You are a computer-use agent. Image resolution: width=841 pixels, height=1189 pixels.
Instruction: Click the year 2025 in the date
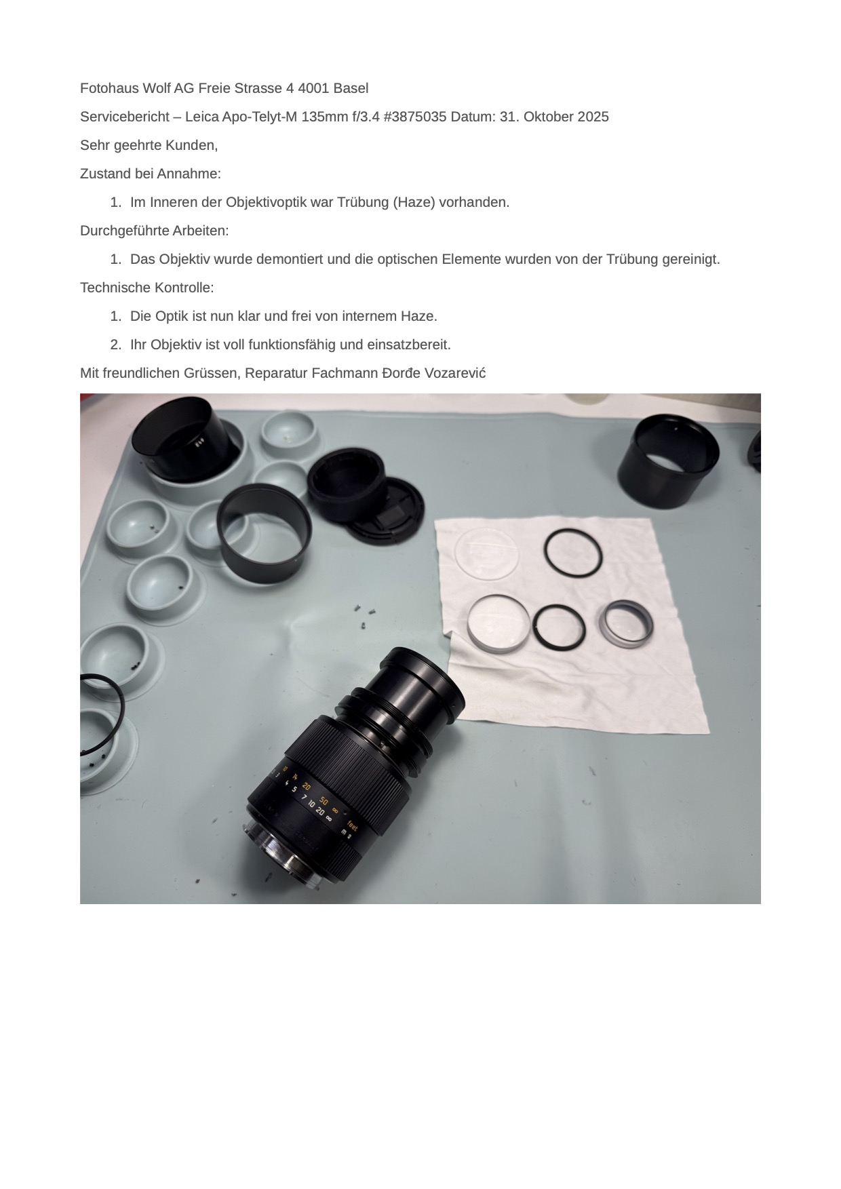(x=593, y=117)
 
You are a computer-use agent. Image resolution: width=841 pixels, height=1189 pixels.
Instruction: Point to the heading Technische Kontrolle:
(x=146, y=288)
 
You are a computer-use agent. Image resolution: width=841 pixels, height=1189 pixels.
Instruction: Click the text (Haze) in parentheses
(x=414, y=202)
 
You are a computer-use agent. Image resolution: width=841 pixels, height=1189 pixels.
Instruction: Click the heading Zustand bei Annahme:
(x=150, y=174)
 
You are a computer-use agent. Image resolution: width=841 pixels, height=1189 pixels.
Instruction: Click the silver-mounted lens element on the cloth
(x=498, y=625)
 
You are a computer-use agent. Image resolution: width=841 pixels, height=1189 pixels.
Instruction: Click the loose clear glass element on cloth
(x=486, y=555)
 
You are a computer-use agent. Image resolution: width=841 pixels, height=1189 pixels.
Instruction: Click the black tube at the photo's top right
(x=669, y=462)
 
